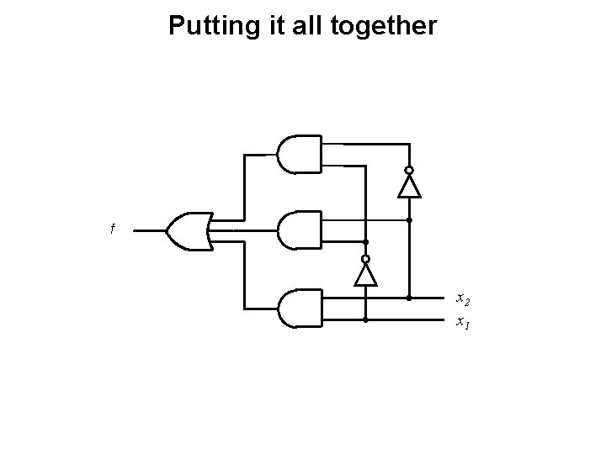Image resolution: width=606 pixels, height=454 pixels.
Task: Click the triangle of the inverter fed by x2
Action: coord(409,187)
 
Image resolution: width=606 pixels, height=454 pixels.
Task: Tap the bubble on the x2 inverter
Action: coord(409,170)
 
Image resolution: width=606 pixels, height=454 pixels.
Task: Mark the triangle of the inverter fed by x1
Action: coord(366,274)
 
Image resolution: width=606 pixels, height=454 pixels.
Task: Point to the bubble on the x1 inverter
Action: coord(366,258)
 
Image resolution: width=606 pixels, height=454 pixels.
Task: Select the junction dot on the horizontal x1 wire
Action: coord(366,320)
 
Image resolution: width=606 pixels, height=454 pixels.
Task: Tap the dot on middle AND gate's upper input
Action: coord(409,220)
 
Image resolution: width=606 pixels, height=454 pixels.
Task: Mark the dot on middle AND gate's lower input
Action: coord(366,241)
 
